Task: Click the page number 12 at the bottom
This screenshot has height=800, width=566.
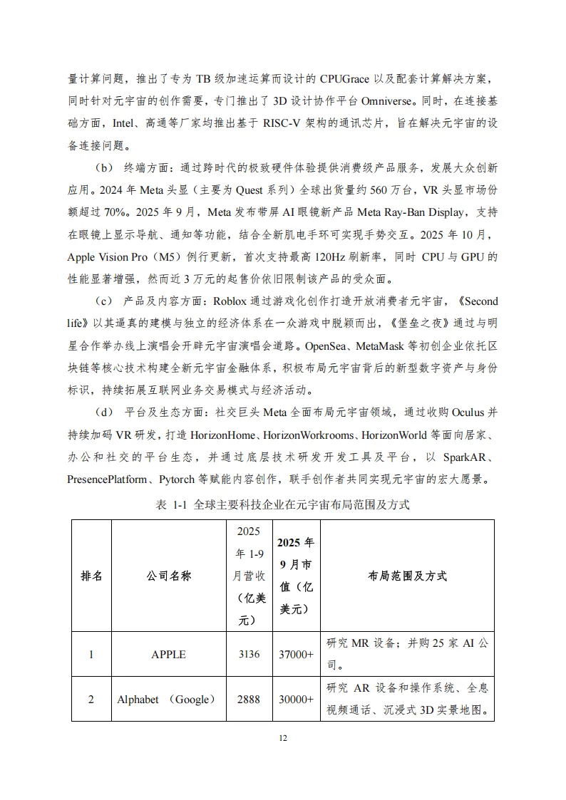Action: [282, 738]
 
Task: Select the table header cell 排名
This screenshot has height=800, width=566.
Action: [91, 576]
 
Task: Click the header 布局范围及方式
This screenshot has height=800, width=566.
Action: [407, 576]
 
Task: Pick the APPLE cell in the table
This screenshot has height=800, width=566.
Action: [169, 654]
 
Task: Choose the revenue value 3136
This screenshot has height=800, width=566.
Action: [248, 654]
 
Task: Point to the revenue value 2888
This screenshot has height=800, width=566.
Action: [248, 699]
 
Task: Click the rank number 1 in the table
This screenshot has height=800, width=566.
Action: [91, 654]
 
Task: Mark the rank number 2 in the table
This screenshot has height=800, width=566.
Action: [91, 699]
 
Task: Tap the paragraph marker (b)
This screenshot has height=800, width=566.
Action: [103, 168]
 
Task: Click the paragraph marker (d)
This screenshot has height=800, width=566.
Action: [103, 412]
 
